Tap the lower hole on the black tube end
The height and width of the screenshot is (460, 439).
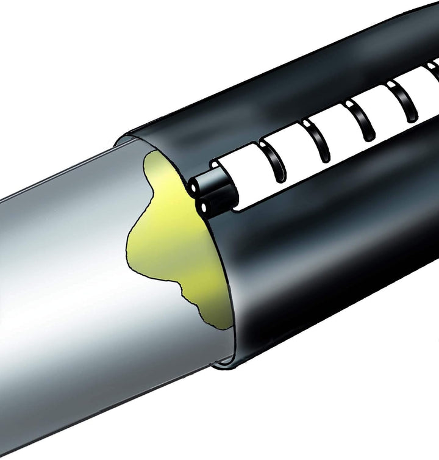pyautogui.click(x=202, y=208)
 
